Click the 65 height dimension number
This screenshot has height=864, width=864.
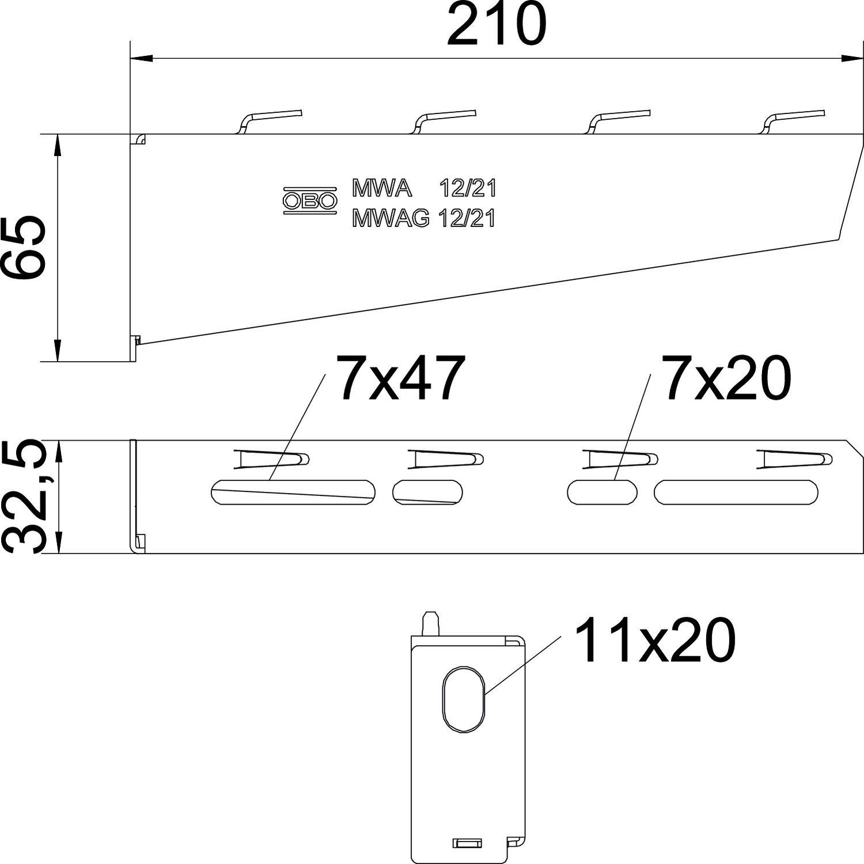[24, 248]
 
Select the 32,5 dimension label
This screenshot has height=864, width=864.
[24, 497]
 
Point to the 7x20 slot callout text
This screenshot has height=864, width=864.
[727, 378]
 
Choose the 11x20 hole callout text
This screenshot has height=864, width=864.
[655, 641]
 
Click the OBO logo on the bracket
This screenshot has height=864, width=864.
[309, 200]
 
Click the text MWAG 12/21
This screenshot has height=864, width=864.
[423, 219]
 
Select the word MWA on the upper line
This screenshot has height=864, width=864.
[382, 188]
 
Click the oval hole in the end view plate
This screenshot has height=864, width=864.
[464, 699]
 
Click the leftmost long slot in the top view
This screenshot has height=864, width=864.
[293, 492]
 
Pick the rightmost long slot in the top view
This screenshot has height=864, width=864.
[736, 492]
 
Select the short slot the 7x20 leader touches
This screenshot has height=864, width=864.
[602, 492]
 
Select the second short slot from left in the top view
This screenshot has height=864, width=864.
[427, 492]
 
